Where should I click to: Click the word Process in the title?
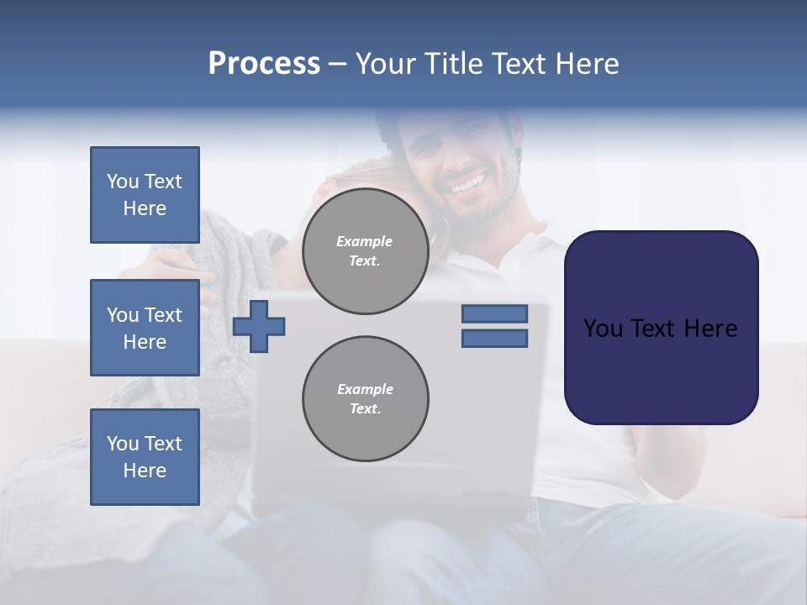tap(264, 64)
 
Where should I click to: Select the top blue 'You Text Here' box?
tap(145, 195)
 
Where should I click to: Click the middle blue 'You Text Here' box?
tap(145, 328)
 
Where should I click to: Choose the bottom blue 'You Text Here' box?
tap(145, 457)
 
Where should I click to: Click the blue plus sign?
tap(259, 326)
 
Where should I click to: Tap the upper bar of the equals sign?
tap(494, 313)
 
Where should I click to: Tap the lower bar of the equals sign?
tap(494, 339)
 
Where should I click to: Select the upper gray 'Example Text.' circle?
tap(365, 251)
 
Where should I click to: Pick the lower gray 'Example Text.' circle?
tap(365, 399)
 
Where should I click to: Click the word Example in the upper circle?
tap(365, 241)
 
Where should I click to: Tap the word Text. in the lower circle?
tap(365, 409)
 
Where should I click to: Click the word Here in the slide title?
tap(588, 64)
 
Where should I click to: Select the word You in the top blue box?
tap(122, 181)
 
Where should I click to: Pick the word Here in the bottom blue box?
tap(145, 471)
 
